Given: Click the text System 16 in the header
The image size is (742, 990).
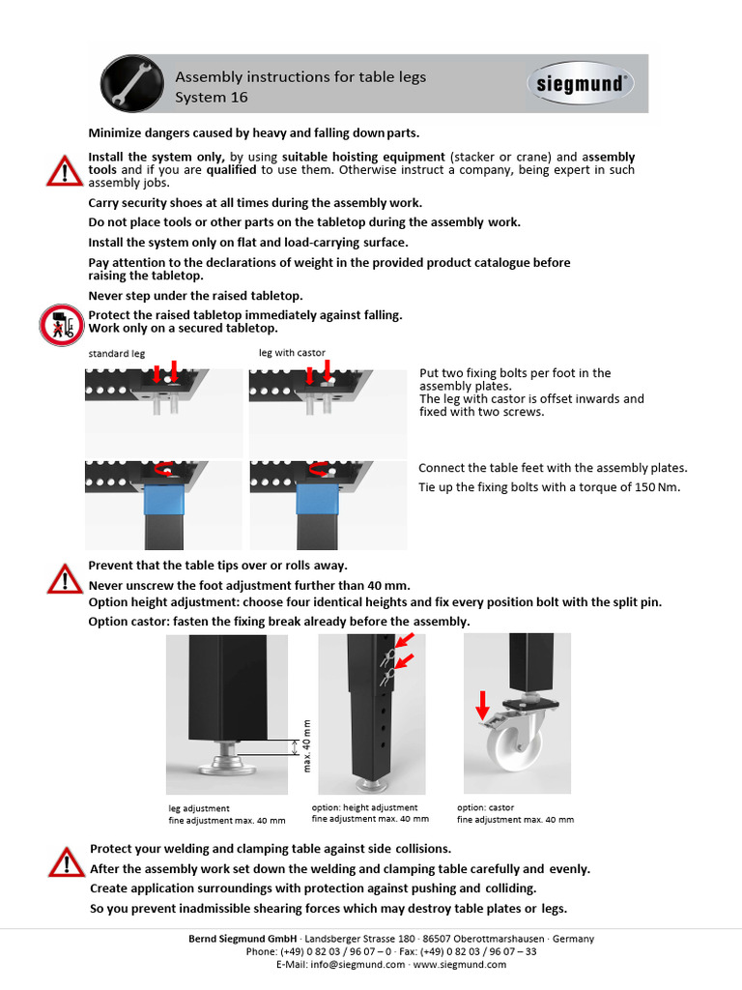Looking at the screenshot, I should click(x=211, y=97).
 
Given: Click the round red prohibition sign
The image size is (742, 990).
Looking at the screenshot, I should click(x=63, y=324).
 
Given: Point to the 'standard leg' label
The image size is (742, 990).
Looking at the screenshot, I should click(x=116, y=354).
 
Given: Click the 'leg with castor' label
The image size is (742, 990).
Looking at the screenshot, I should click(x=292, y=353).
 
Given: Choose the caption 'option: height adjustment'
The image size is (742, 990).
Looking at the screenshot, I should click(x=364, y=807).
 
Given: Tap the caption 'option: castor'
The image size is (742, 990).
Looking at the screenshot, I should click(x=485, y=807).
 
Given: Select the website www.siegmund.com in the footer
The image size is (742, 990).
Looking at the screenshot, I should click(x=452, y=964).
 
